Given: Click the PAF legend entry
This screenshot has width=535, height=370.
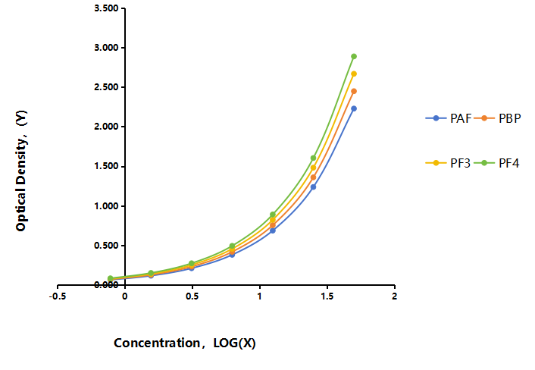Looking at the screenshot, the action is [449, 118].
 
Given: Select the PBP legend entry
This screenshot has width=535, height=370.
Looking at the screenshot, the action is [497, 118].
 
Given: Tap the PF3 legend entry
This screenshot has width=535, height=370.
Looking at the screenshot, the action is [448, 163].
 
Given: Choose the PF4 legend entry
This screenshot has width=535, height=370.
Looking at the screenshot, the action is [496, 163].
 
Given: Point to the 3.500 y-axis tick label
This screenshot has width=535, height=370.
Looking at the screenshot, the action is [106, 8].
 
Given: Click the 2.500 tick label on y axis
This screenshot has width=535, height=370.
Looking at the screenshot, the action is [106, 87].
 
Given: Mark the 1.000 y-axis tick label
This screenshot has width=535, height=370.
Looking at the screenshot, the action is [106, 205].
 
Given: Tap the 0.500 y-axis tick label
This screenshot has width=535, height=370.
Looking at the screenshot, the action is [106, 246].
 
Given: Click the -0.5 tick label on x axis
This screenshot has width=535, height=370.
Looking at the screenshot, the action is [58, 296].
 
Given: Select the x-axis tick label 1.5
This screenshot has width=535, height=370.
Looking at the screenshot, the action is [327, 296].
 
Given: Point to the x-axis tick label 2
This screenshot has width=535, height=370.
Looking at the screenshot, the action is [394, 296].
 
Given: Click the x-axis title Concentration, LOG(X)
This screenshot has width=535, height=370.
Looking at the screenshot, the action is [185, 343].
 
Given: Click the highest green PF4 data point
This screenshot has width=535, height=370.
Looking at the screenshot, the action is [354, 56].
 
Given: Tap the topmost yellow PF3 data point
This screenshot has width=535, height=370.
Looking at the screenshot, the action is [354, 74].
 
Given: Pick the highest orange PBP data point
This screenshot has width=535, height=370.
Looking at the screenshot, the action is [354, 91].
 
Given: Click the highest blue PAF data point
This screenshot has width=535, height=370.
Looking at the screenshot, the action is [354, 108].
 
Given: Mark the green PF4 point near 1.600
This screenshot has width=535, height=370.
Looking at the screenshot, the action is [313, 158].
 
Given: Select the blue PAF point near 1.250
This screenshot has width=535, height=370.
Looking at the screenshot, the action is [313, 187].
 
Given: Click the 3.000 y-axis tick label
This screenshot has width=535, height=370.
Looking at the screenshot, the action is [106, 48].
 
